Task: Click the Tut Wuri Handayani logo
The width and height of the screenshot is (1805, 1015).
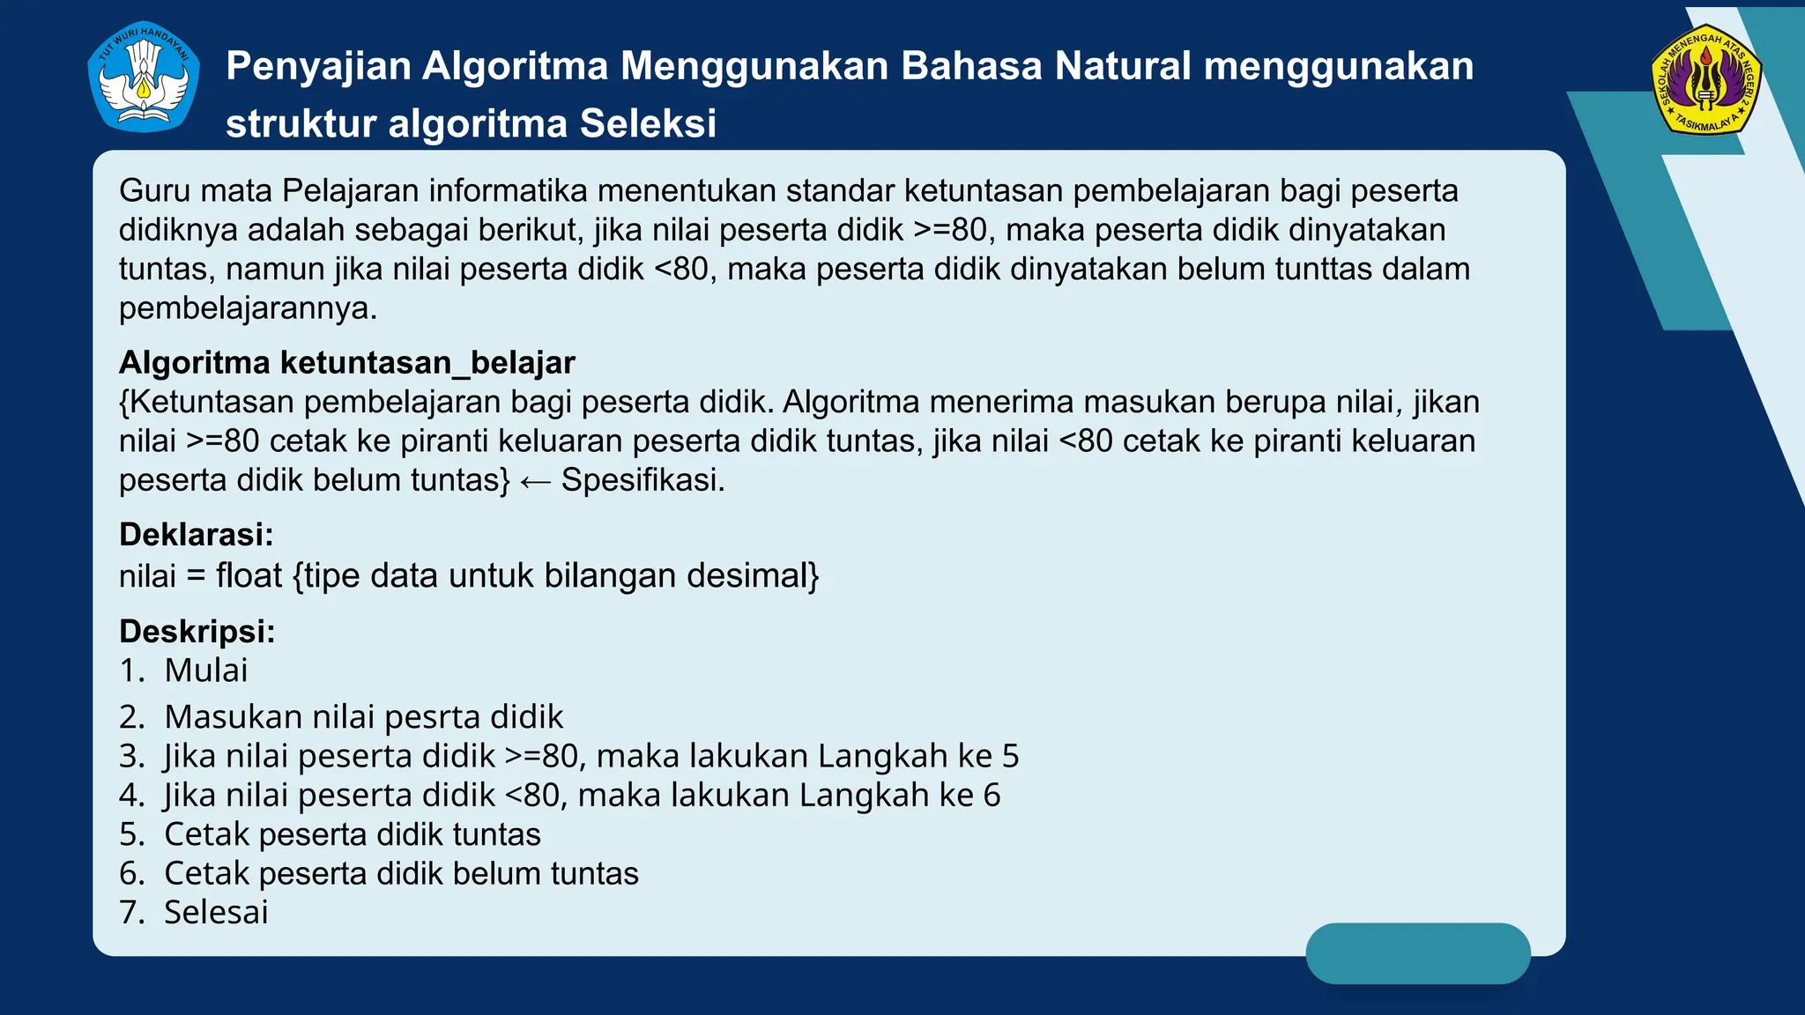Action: pos(144,78)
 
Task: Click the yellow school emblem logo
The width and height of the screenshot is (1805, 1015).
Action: pos(1705,80)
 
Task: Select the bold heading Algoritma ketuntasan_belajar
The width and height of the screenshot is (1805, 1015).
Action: pos(346,363)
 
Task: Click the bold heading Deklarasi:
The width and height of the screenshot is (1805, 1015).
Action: pos(196,535)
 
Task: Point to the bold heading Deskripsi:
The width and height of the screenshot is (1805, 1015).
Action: pos(197,632)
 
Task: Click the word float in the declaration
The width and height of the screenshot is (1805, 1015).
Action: pos(249,576)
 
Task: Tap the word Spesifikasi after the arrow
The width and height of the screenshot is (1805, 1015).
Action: pos(642,480)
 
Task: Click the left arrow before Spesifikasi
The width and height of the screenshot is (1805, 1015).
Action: pos(535,482)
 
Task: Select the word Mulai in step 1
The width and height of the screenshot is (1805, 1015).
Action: pos(205,670)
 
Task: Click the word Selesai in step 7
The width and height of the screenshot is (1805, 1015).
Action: pos(216,913)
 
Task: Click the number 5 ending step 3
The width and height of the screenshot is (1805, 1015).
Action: pos(1010,757)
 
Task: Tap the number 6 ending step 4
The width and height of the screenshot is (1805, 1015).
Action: pos(992,796)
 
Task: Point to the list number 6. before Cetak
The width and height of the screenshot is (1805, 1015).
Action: pos(132,874)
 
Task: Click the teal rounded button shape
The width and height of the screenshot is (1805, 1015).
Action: pos(1417,953)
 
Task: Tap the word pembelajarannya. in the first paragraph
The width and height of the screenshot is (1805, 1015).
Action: pos(248,308)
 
